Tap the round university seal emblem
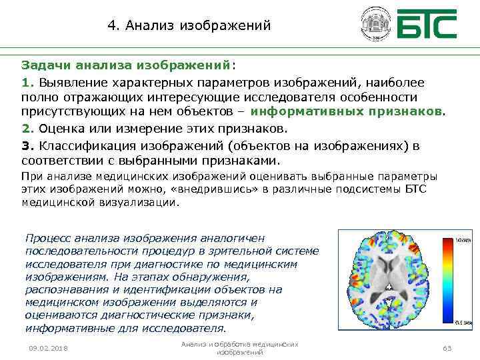(373, 24)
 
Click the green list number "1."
(27, 82)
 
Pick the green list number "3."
(27, 145)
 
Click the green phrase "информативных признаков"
(351, 111)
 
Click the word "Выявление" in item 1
(69, 82)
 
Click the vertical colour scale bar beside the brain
(459, 279)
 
